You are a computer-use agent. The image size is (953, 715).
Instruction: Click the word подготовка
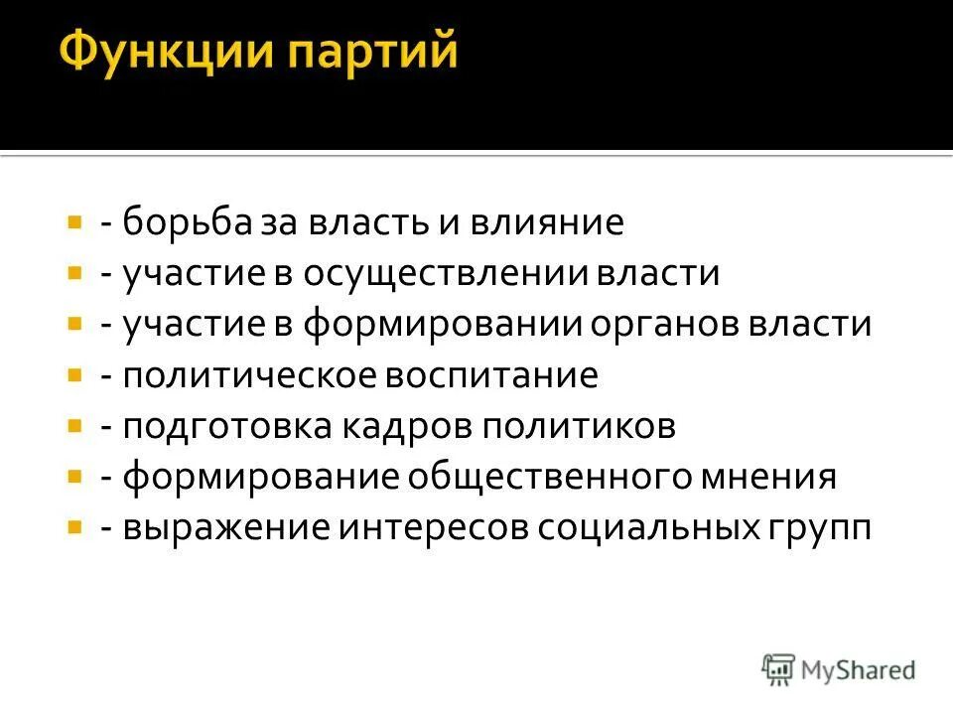tap(233, 427)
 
